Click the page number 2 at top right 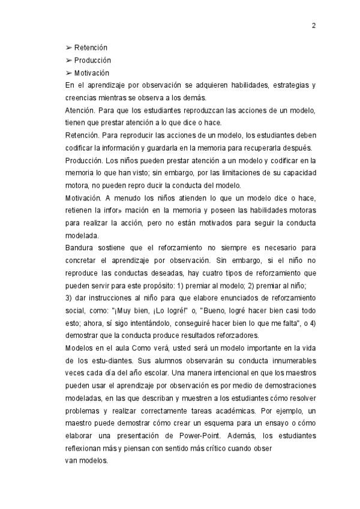pos(313,26)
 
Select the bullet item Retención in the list pos(91,47)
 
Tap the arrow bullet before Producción pos(68,61)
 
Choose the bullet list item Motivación pos(92,73)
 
